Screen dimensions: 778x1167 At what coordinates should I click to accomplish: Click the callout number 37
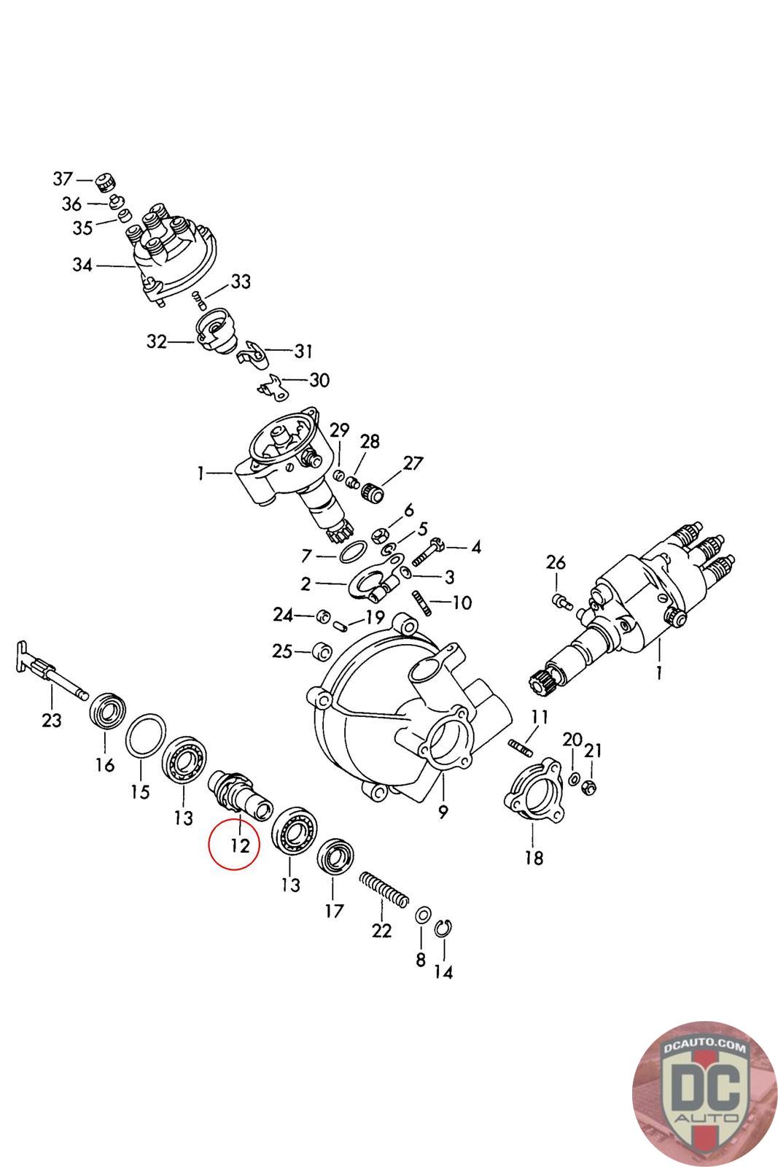[63, 179]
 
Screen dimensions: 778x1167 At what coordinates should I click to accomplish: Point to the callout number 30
[319, 380]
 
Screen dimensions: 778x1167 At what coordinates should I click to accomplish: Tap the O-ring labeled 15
[146, 734]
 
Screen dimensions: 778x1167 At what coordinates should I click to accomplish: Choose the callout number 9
[443, 812]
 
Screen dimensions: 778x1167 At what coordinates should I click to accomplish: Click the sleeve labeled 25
[322, 651]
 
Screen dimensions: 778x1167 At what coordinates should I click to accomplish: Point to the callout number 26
[555, 562]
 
